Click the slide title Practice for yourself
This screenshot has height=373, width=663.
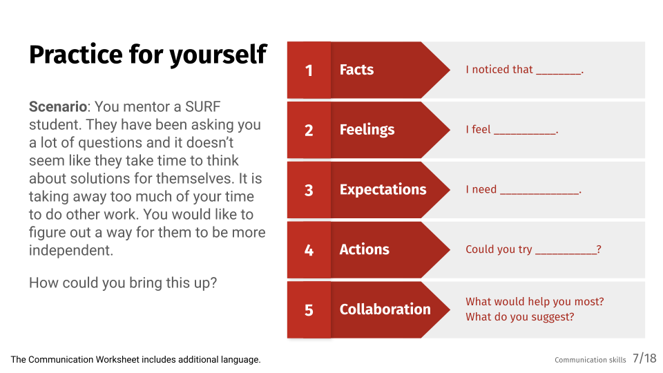(x=148, y=55)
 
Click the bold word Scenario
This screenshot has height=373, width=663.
(x=58, y=106)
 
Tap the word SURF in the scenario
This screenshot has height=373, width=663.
(x=202, y=106)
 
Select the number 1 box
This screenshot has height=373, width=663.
(x=309, y=70)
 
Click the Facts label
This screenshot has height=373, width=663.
(x=356, y=70)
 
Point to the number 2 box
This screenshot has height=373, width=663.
(x=309, y=131)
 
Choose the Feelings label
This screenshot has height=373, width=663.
(x=367, y=130)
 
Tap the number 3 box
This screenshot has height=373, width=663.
(x=309, y=191)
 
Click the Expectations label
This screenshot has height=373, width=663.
(x=383, y=190)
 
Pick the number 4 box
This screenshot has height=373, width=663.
(x=309, y=250)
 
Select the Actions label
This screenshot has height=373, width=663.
(x=365, y=249)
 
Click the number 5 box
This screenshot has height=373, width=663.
(x=309, y=310)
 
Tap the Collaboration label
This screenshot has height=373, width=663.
(x=385, y=309)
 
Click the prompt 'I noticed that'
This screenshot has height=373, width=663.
(x=499, y=69)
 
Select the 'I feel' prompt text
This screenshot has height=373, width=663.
(x=478, y=129)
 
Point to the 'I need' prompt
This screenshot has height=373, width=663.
(x=481, y=189)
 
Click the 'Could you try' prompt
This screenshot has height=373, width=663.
(x=499, y=249)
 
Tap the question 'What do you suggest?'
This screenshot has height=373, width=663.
(x=520, y=317)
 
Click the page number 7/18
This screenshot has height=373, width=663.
(x=644, y=358)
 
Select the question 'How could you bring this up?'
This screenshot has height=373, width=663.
(x=123, y=283)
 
